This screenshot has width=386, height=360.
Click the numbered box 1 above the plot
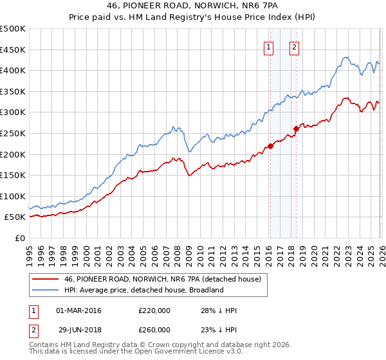(x=268, y=46)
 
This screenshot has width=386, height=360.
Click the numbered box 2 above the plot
(x=294, y=46)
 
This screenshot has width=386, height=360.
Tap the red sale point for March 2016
(x=270, y=146)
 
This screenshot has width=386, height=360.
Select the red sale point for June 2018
(x=297, y=129)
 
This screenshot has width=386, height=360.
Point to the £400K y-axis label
(x=13, y=71)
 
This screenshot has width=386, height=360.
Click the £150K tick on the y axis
(x=13, y=175)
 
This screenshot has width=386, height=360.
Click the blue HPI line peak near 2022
(x=345, y=57)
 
